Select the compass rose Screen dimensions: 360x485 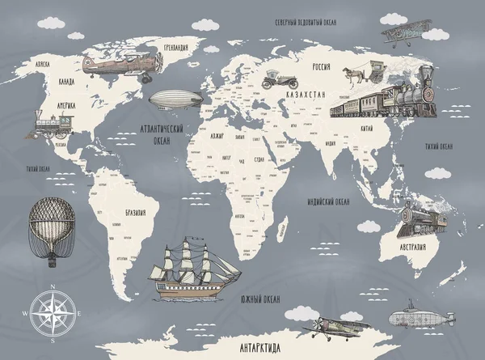tap(53, 311)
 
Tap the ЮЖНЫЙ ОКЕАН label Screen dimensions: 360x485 tap(259, 299)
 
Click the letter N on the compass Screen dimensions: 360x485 tap(53, 287)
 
